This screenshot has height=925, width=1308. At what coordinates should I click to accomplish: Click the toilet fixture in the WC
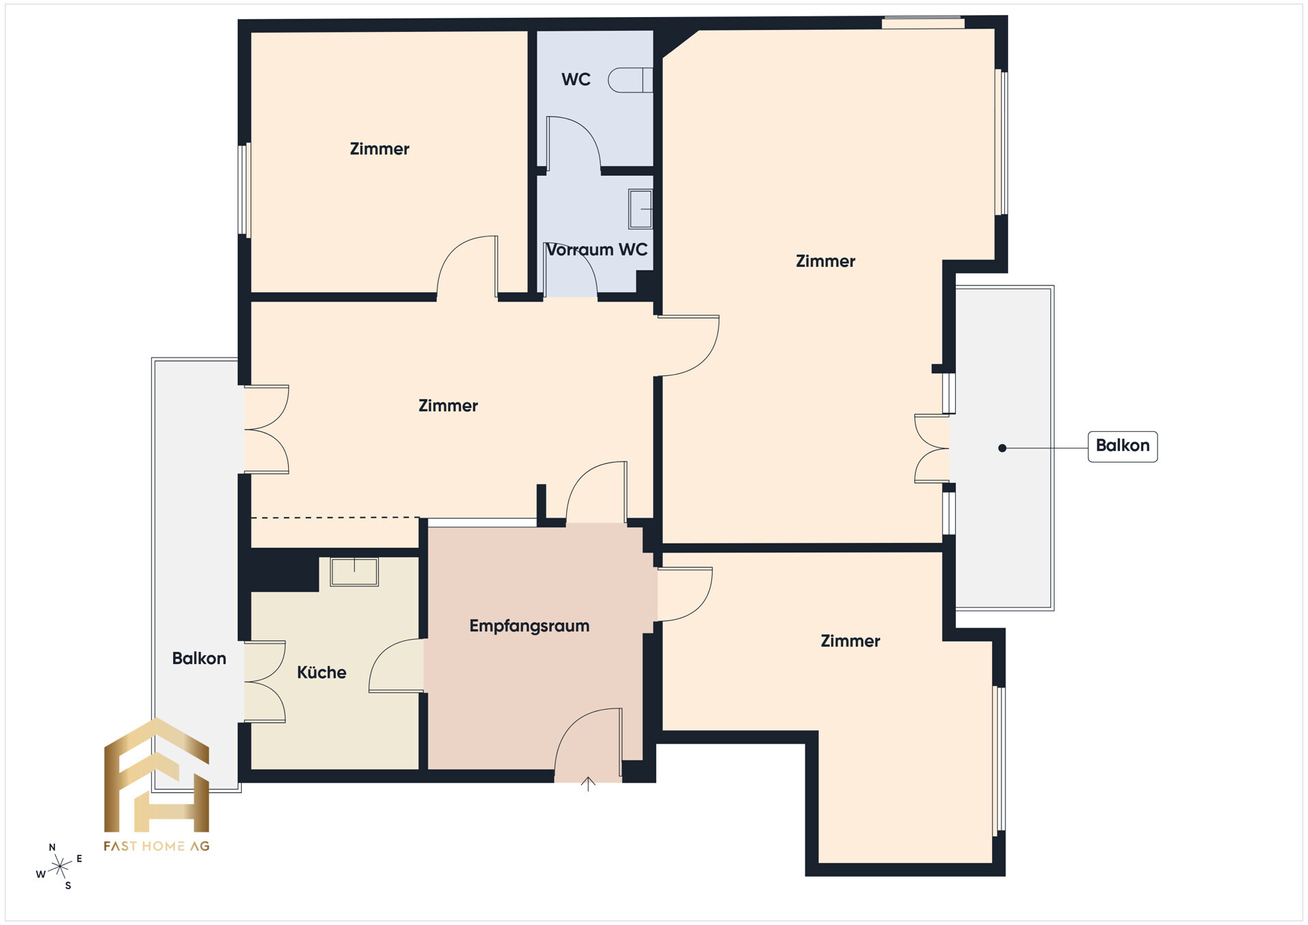click(x=629, y=80)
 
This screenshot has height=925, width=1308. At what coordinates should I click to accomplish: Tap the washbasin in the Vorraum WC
click(x=640, y=209)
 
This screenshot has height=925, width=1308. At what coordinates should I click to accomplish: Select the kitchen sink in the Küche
click(x=354, y=571)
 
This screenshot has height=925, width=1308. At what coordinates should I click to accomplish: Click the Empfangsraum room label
click(x=529, y=626)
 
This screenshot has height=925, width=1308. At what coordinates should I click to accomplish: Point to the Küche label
click(x=322, y=673)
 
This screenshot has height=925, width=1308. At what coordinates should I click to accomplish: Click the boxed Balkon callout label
click(x=1122, y=446)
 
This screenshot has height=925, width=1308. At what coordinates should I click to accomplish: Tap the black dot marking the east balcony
click(x=1002, y=448)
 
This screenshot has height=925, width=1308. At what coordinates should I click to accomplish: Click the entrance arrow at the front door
click(x=588, y=784)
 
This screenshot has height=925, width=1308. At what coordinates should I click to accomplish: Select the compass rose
click(x=60, y=866)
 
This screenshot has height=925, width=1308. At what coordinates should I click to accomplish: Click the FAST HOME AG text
click(x=157, y=846)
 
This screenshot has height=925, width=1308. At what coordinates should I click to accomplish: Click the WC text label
click(x=576, y=80)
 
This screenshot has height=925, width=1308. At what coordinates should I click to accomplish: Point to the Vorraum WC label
click(x=597, y=250)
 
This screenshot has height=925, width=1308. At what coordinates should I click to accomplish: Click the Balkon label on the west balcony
click(x=199, y=659)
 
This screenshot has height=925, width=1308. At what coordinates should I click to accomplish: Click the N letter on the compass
click(x=52, y=847)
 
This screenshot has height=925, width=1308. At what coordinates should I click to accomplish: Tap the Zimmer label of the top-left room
click(x=379, y=149)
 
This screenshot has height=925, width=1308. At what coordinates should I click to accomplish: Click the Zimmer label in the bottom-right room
click(x=850, y=641)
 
